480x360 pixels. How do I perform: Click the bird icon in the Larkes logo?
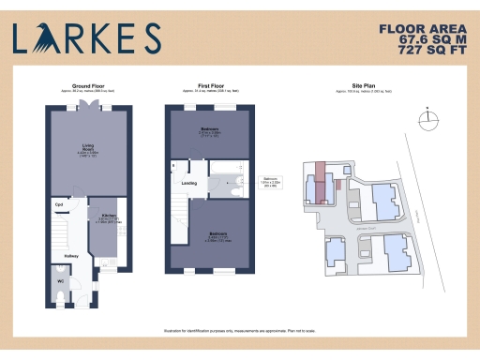(43, 37)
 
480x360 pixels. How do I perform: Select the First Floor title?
(208, 85)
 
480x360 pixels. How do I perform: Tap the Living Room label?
(88, 147)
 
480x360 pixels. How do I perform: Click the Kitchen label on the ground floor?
(109, 215)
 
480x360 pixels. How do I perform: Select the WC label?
(59, 281)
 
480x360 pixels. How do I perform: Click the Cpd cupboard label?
(59, 203)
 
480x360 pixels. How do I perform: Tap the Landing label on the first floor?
(189, 183)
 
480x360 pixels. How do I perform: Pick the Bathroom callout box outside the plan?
(272, 183)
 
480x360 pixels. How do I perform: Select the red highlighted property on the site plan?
(320, 181)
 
